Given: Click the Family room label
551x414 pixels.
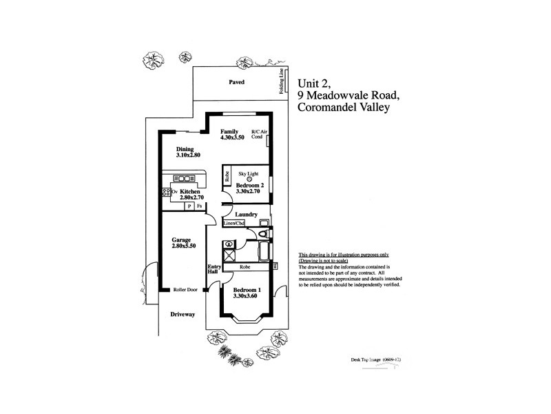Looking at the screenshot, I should coord(229,131).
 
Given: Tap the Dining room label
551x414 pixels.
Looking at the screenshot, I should coord(185,149).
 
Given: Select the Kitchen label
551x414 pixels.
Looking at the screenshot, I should coord(190,191).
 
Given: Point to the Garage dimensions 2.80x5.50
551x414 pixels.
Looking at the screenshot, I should coord(185,246).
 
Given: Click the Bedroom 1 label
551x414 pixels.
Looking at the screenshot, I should coord(246,289).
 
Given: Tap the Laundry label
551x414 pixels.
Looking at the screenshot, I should coord(246,215).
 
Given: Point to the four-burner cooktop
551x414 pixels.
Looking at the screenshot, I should coord(166,191).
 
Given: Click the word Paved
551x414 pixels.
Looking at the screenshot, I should coord(237,82).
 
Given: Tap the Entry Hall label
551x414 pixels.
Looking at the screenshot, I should coord(213,271).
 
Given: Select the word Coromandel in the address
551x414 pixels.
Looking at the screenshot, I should coord(329,107).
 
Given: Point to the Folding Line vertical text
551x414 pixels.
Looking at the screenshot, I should coord(281,81).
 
